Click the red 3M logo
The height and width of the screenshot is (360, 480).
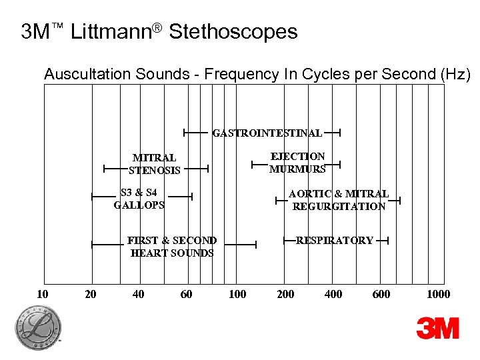438,328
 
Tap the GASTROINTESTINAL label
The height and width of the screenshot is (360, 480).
267,133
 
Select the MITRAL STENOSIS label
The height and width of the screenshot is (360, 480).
155,164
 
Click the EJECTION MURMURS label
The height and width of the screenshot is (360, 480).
297,163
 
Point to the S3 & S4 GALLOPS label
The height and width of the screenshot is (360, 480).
139,199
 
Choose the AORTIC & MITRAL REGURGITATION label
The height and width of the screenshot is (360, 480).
339,200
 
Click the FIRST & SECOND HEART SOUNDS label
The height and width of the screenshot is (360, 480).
172,247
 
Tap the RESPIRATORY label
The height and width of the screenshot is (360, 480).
335,241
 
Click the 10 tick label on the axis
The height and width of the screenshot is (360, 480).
41,294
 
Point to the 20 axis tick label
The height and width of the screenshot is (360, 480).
91,294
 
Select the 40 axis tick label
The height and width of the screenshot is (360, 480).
139,294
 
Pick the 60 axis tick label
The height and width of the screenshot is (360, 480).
186,294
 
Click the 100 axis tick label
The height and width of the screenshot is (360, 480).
237,294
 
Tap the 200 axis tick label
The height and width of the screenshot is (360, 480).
285,294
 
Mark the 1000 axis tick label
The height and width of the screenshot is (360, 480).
439,294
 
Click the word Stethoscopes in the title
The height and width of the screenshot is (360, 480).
233,31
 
